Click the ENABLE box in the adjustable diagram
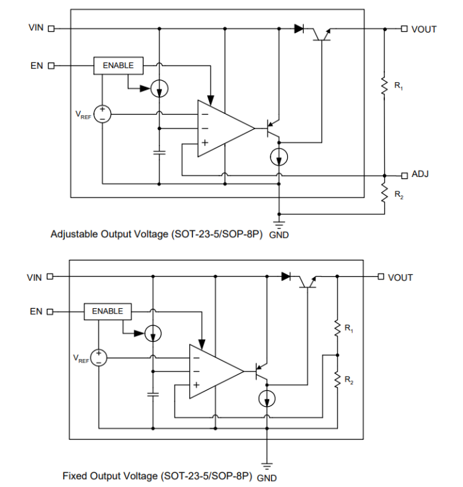point(118,66)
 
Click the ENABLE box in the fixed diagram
point(108,311)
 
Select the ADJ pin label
point(420,174)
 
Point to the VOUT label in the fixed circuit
point(400,277)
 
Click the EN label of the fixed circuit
point(36,311)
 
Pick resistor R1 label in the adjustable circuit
point(399,85)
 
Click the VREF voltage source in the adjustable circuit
point(103,114)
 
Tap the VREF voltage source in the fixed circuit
point(99,358)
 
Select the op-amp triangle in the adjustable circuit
point(222,129)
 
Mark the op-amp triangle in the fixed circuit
point(212,371)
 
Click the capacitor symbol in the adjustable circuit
point(159,152)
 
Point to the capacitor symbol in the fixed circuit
point(153,394)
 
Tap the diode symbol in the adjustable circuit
point(300,28)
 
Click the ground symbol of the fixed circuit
point(267,463)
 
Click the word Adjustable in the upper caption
point(75,234)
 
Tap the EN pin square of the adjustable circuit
point(51,66)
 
